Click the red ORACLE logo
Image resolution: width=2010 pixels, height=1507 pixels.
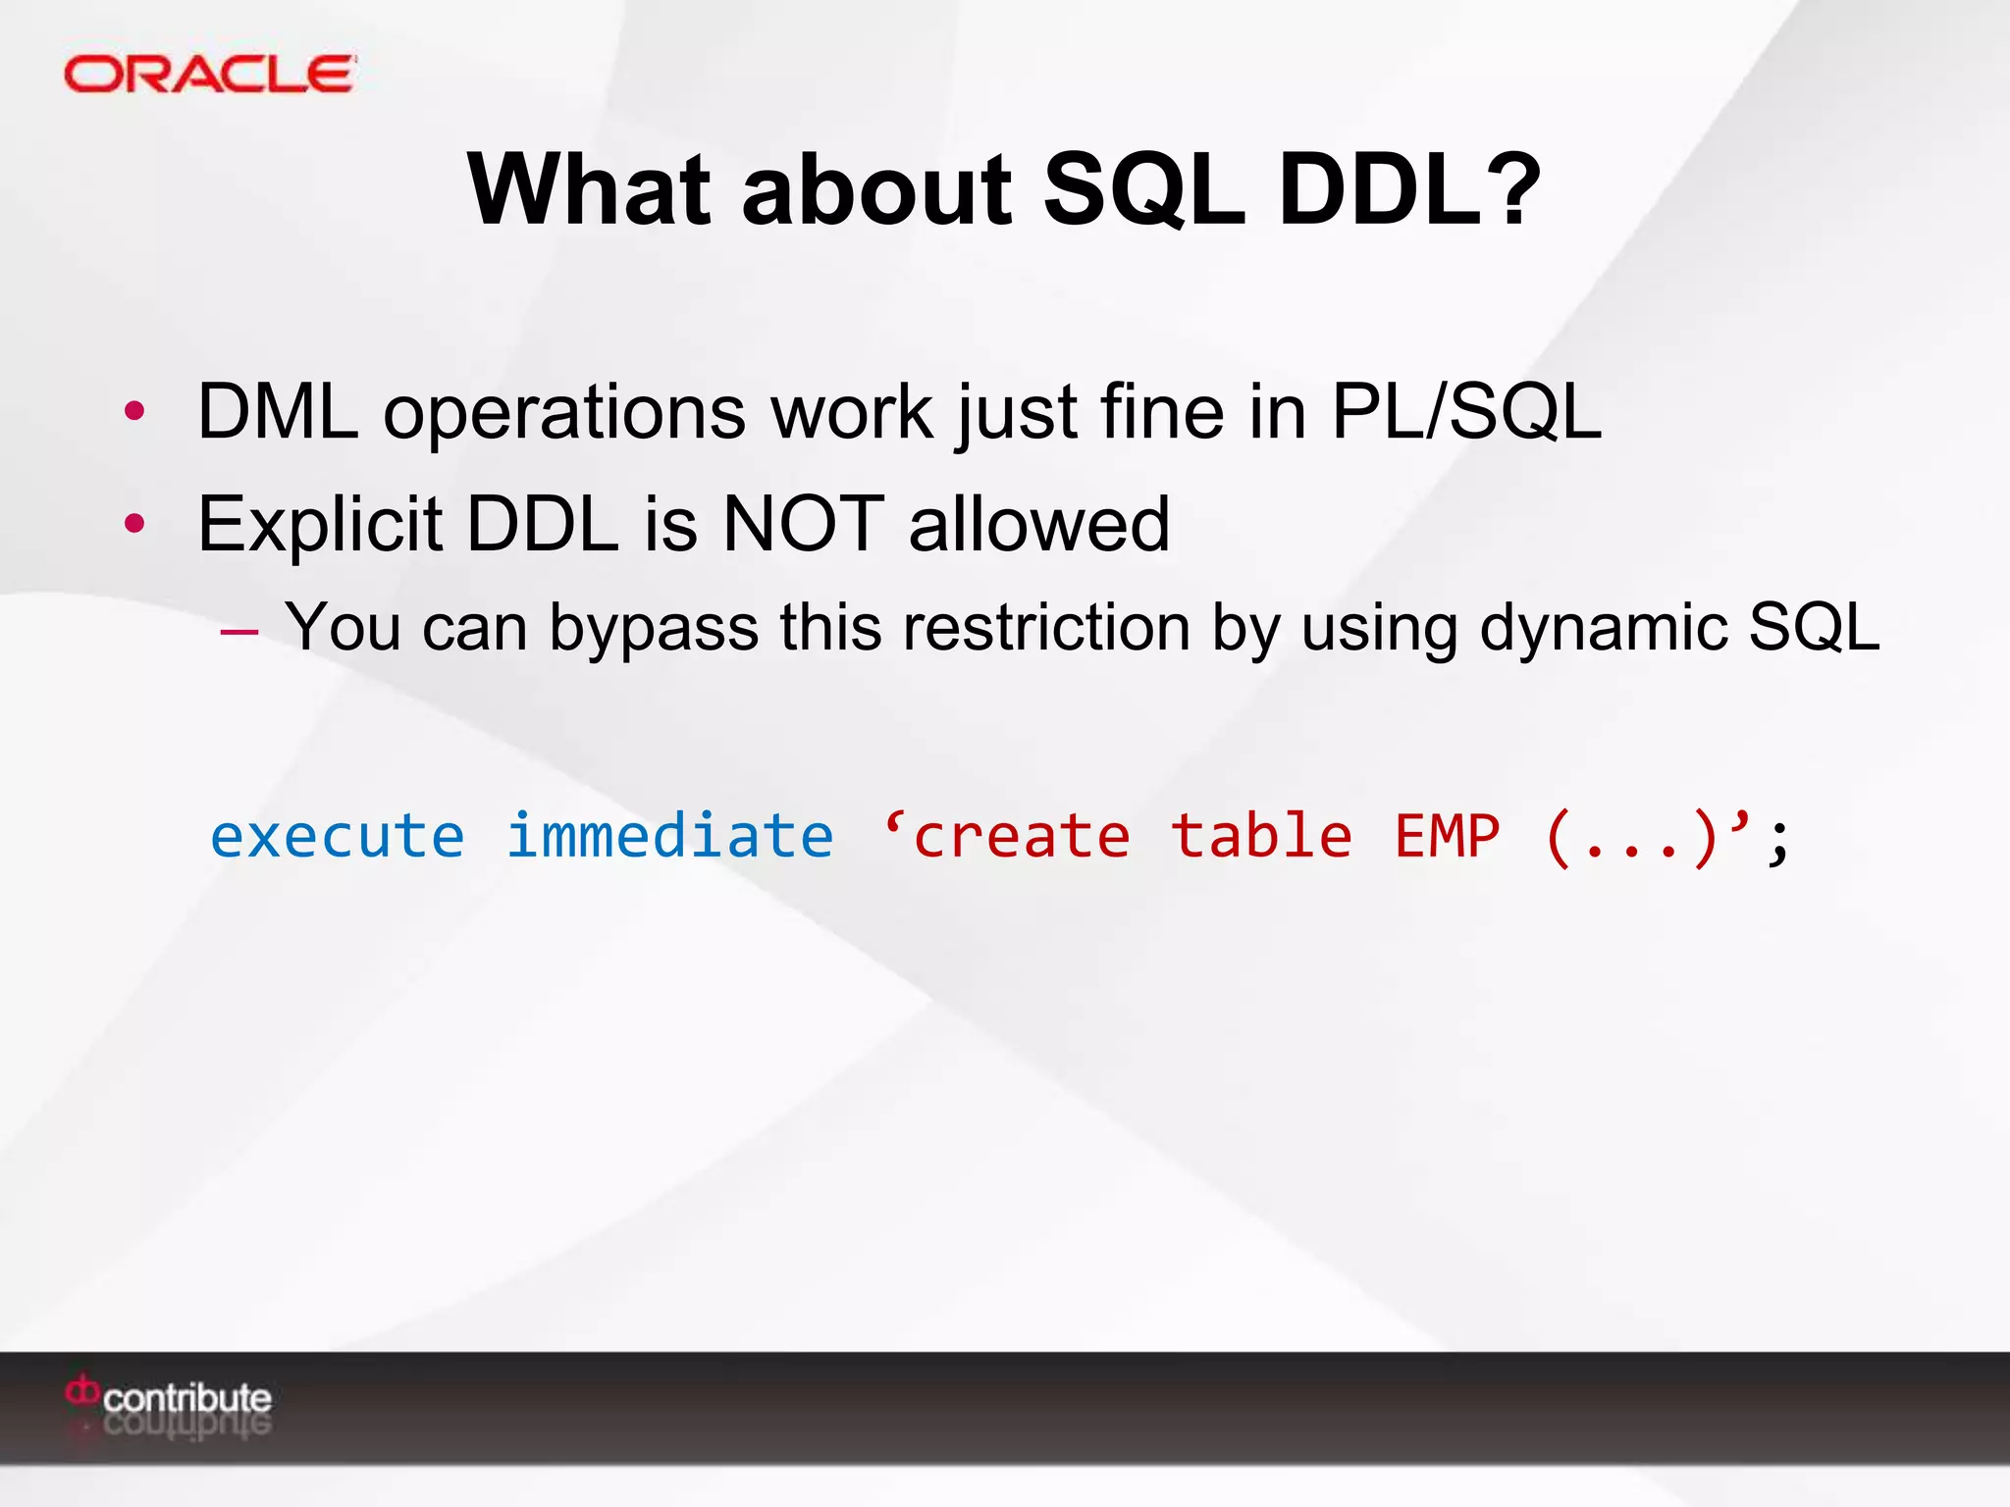pos(209,75)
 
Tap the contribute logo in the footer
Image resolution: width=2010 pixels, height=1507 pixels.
pos(169,1397)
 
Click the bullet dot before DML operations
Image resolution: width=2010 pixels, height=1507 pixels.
pos(134,411)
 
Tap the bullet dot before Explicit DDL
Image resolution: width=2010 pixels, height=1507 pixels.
pos(134,523)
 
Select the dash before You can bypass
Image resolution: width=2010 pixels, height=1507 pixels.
pos(239,631)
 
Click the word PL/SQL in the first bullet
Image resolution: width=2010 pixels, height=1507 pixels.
pos(1465,411)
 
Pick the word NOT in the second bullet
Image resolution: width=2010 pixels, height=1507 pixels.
pos(803,523)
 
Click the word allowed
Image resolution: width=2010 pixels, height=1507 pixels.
pos(1039,523)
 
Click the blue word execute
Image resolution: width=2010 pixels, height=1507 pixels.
pos(338,836)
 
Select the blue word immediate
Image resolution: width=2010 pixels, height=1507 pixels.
pos(670,836)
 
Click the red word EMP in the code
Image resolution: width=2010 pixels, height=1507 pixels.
pos(1448,836)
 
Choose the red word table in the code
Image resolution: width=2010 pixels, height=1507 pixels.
pos(1262,836)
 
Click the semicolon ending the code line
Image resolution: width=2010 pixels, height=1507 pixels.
pos(1778,842)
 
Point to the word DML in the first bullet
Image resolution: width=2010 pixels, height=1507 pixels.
pos(278,411)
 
